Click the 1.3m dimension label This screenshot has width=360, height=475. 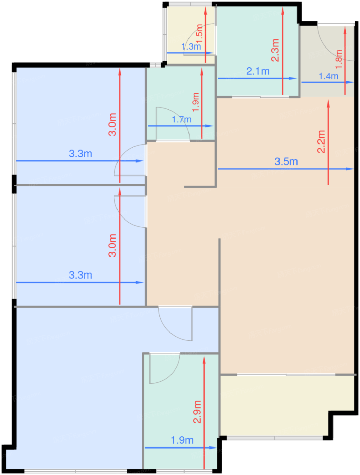click(191, 46)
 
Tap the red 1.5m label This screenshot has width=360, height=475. click(199, 34)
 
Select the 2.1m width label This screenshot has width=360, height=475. click(257, 71)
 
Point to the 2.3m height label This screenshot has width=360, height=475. click(275, 50)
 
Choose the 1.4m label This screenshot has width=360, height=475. click(328, 76)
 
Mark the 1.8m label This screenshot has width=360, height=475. click(339, 59)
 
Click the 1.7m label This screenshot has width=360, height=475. click(181, 119)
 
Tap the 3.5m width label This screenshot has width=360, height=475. click(286, 161)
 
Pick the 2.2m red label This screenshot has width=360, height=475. click(321, 141)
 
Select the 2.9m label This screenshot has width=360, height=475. click(197, 412)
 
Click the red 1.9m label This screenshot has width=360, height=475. click(196, 102)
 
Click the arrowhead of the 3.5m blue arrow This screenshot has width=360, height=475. click(351, 169)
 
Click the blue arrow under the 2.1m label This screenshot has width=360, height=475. click(257, 79)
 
